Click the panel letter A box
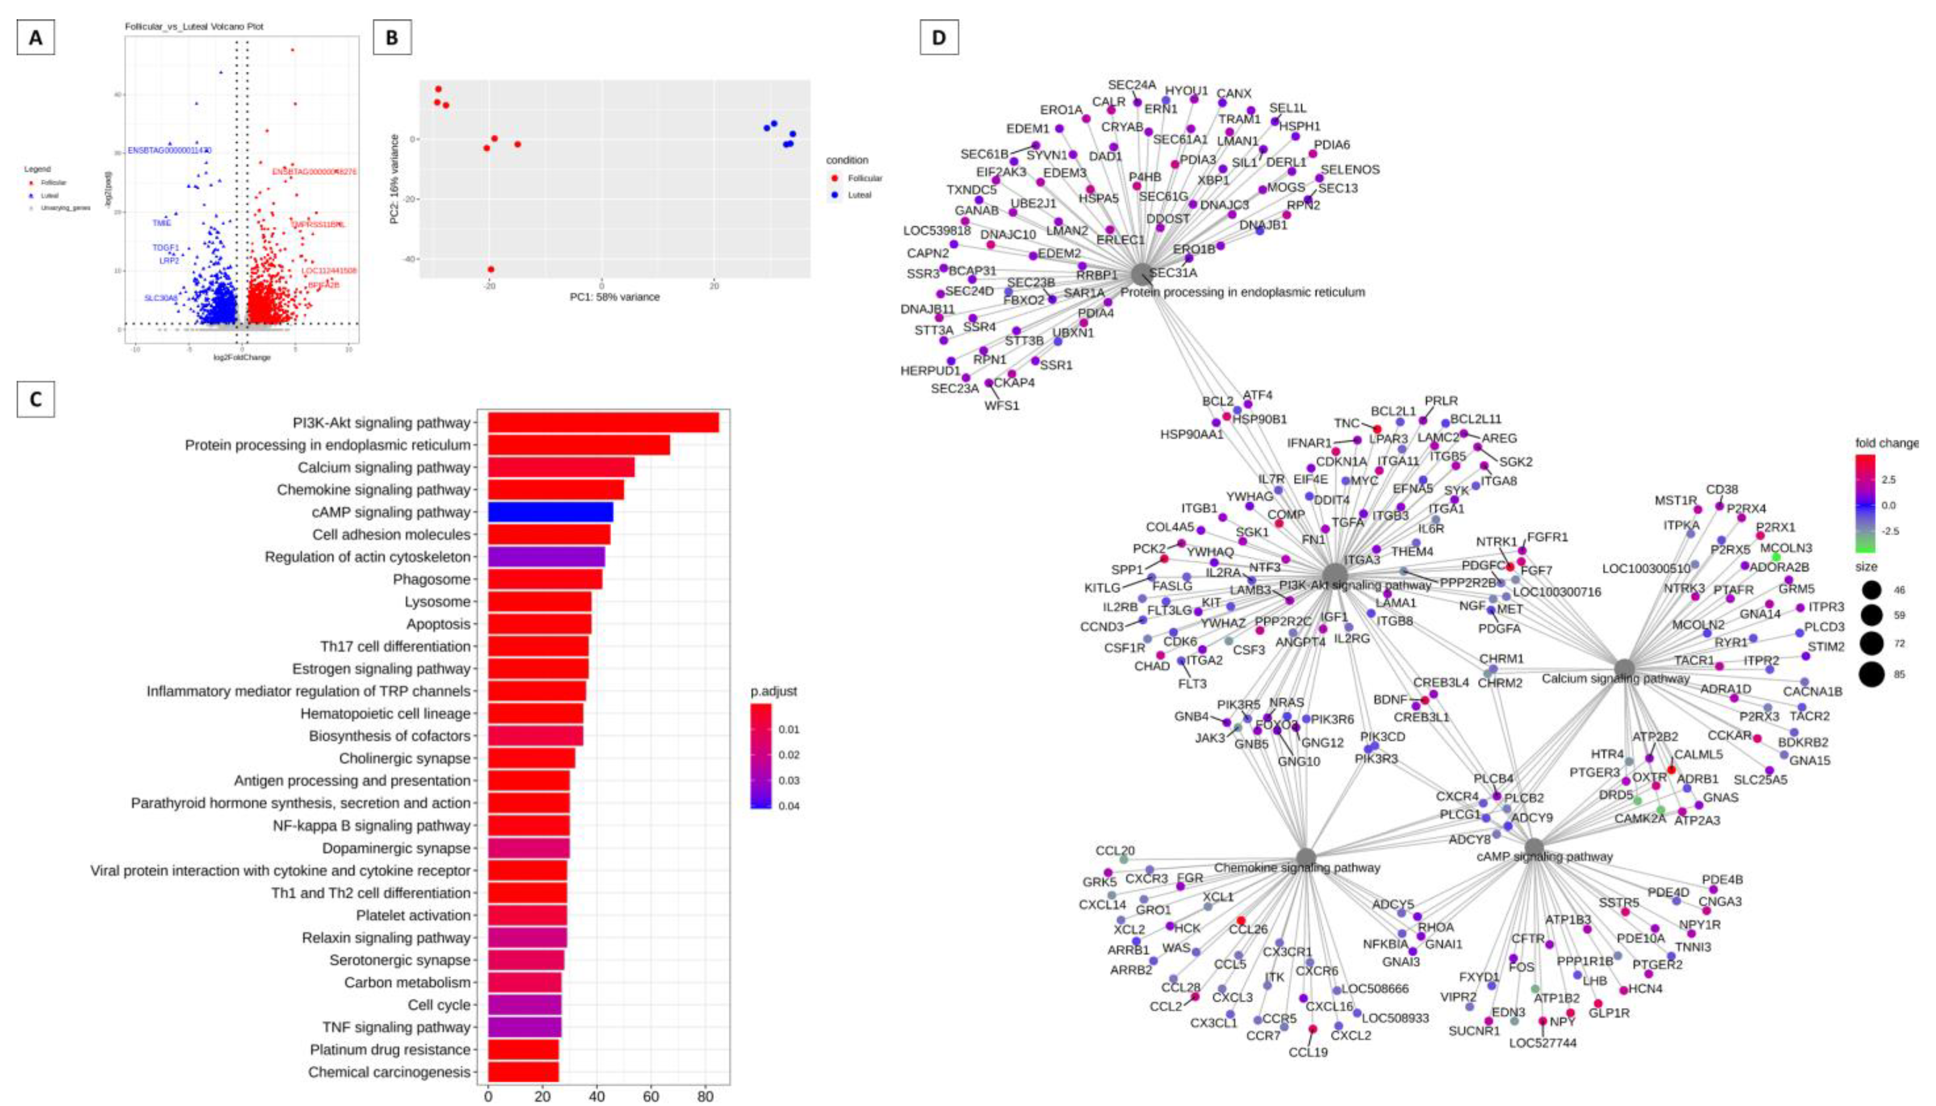click(x=36, y=37)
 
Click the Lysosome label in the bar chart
click(x=437, y=602)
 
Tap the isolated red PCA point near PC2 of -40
click(x=491, y=269)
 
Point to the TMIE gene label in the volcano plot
click(x=162, y=223)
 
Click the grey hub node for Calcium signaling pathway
click(x=1624, y=668)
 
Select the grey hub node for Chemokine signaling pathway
click(x=1305, y=857)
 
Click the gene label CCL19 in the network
click(x=1308, y=1052)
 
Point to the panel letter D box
click(x=939, y=37)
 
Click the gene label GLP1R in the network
click(x=1609, y=1013)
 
